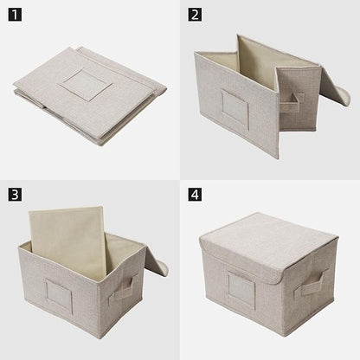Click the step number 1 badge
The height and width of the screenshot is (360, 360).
[15, 15]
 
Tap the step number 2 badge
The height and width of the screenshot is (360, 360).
[195, 15]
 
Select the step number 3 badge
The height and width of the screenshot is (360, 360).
[15, 195]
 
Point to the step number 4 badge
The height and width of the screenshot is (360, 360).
[195, 195]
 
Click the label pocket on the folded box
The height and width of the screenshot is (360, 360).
[86, 85]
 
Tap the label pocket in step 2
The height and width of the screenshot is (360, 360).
[235, 109]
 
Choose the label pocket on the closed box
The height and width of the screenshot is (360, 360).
[241, 288]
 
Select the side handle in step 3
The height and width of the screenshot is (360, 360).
[123, 290]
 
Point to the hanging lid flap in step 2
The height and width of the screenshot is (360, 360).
[335, 87]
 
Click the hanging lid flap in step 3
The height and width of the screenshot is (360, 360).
[157, 261]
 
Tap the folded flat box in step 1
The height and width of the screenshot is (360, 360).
[89, 95]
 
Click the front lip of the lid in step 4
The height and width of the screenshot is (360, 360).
[240, 258]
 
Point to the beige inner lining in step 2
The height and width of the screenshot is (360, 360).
[257, 62]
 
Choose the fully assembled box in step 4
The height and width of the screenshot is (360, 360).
[268, 274]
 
